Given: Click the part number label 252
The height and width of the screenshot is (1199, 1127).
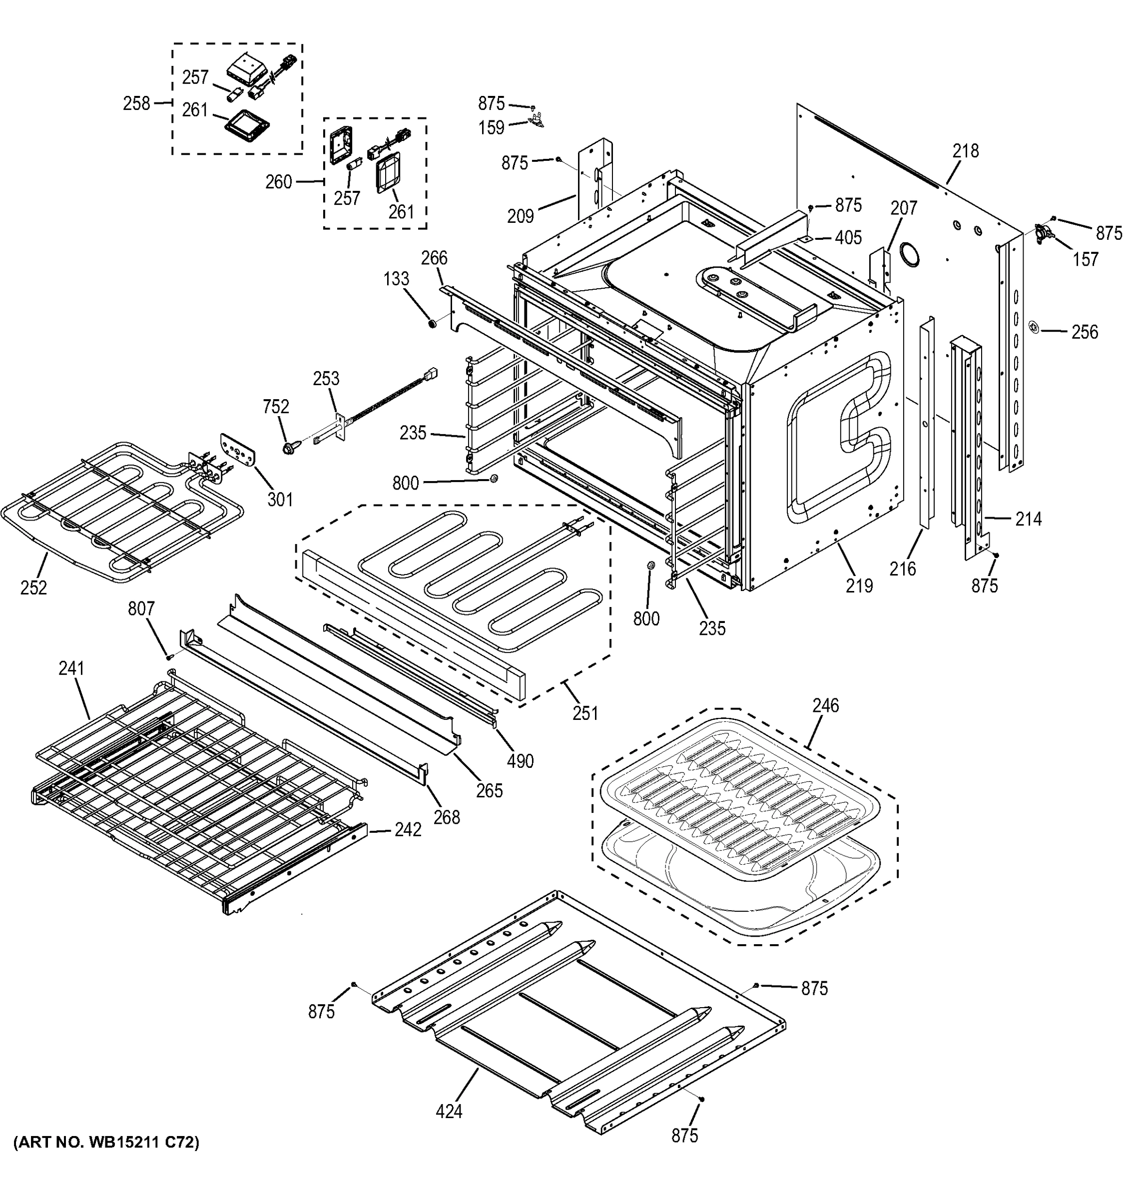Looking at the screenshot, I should pos(33,587).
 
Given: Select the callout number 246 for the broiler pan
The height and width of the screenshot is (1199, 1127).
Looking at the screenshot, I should pos(825,705).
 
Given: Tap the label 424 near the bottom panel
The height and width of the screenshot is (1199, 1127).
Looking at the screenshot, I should pos(449,1111).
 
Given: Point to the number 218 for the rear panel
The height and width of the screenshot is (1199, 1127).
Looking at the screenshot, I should pos(966,151).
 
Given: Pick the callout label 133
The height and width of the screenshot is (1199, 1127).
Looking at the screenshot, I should pos(396,279).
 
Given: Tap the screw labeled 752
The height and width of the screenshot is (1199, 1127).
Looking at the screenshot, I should pos(288,448).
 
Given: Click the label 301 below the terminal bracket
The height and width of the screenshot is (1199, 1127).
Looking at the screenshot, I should pos(280,500).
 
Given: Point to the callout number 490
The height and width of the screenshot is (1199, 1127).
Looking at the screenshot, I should pos(520,761).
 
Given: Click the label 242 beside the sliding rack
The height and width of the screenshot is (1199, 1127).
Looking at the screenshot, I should pos(408,830).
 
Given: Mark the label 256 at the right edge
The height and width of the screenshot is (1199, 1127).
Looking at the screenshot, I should pos(1084,332).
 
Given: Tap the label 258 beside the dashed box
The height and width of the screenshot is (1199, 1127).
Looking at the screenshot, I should pos(136,104).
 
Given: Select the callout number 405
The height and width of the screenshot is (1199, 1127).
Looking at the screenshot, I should pos(848,238).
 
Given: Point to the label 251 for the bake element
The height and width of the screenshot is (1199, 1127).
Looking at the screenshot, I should pos(585,713).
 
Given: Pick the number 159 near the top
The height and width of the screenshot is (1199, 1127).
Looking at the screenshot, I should pos(491,128).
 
